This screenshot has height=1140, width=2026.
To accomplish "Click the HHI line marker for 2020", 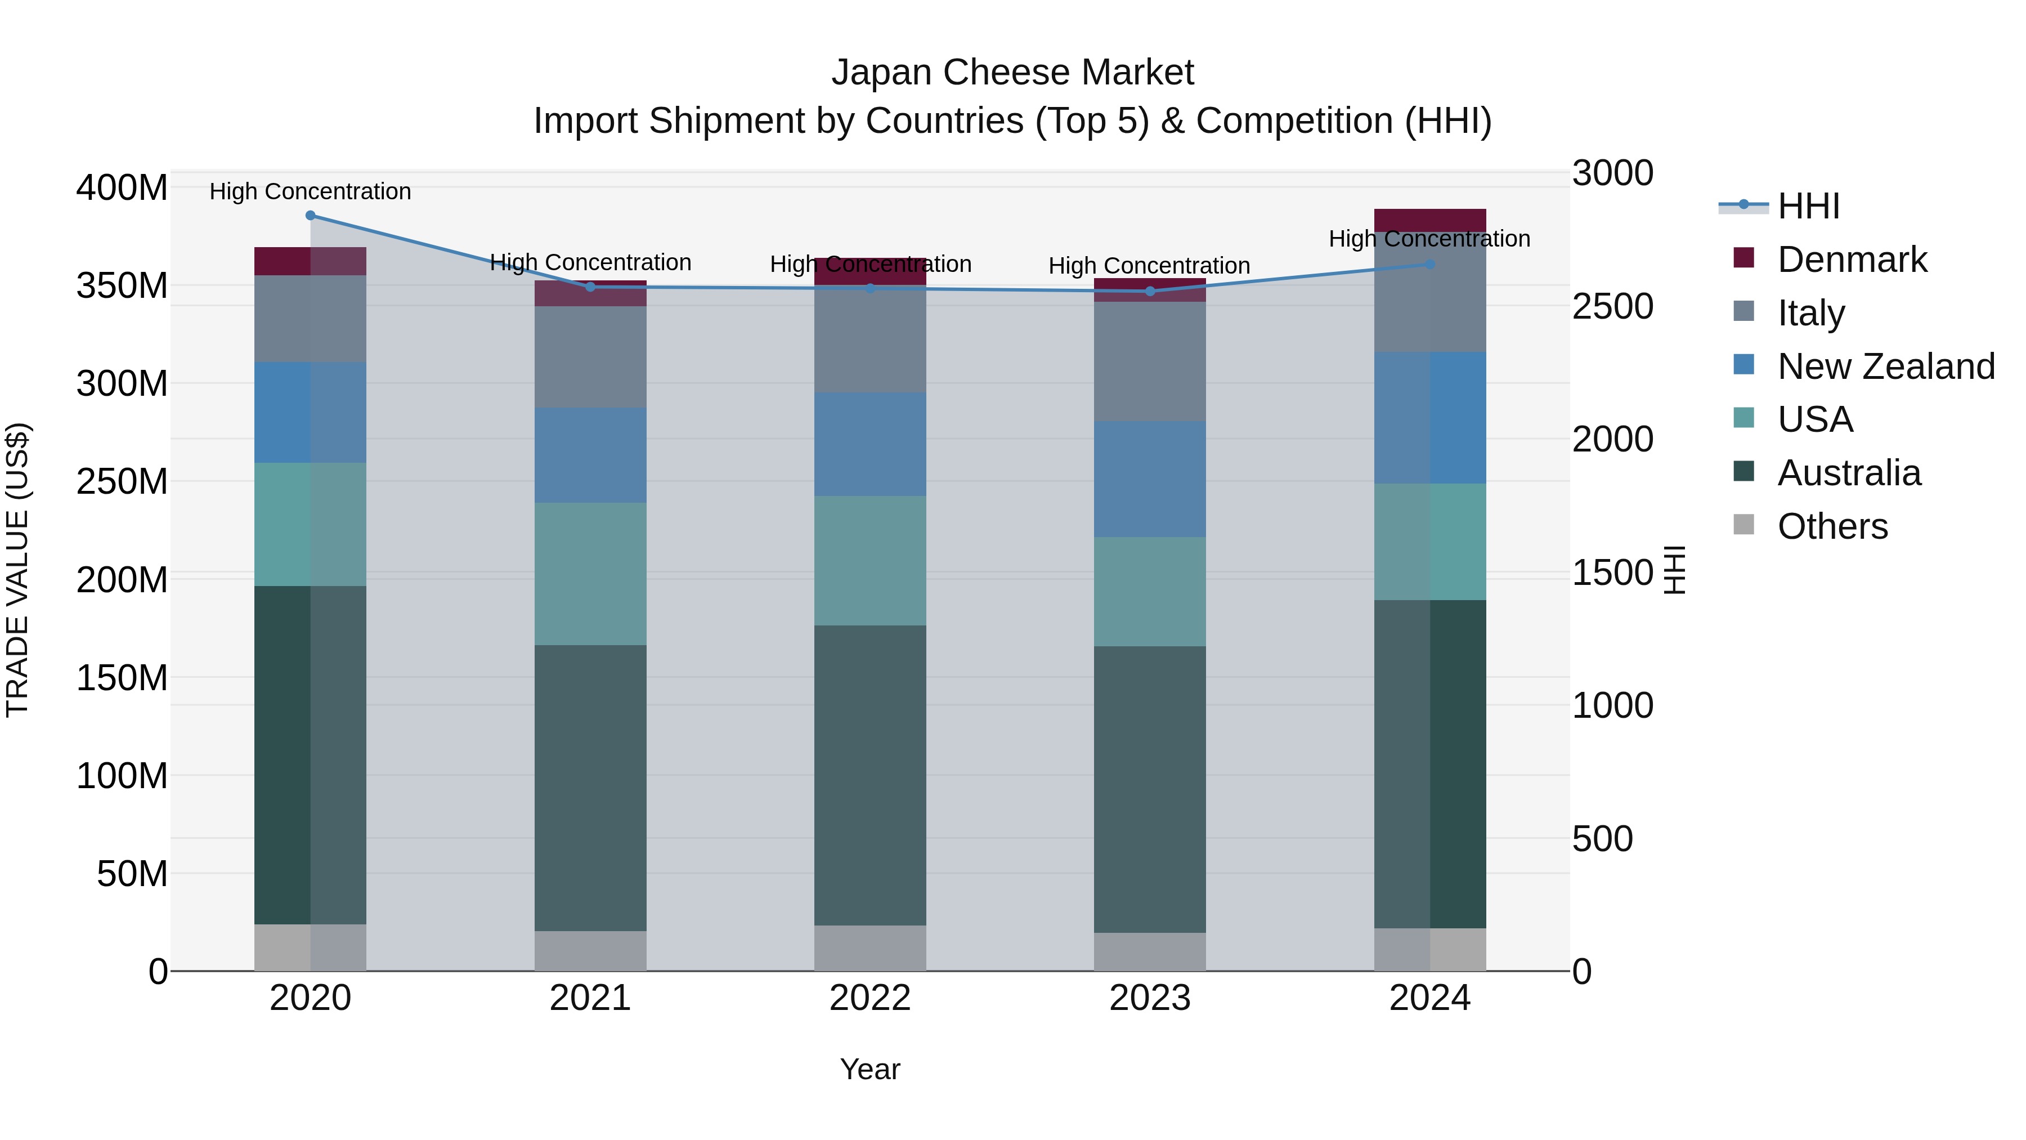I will pyautogui.click(x=310, y=216).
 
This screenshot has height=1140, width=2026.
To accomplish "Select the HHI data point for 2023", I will pyautogui.click(x=1150, y=291).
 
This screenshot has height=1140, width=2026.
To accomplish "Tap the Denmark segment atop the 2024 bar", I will pyautogui.click(x=1430, y=220).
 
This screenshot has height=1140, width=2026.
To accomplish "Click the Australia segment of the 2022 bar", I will pyautogui.click(x=870, y=775).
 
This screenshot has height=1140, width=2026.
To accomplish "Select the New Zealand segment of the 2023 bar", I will pyautogui.click(x=1150, y=479).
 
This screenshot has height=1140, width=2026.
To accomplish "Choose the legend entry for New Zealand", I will pyautogui.click(x=1885, y=366).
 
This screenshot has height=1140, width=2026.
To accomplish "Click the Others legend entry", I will pyautogui.click(x=1832, y=526).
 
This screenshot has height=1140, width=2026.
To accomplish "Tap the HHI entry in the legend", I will pyautogui.click(x=1808, y=206).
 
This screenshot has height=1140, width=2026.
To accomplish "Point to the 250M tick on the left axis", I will pyautogui.click(x=122, y=481).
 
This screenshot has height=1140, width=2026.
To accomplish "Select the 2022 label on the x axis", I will pyautogui.click(x=870, y=998).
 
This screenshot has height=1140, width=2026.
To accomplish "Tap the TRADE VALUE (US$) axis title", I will pyautogui.click(x=17, y=570).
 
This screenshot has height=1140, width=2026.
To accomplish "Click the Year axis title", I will pyautogui.click(x=870, y=1069).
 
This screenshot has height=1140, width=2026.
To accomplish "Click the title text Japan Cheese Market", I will pyautogui.click(x=1012, y=73).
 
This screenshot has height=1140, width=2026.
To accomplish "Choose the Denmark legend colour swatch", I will pyautogui.click(x=1743, y=258).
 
